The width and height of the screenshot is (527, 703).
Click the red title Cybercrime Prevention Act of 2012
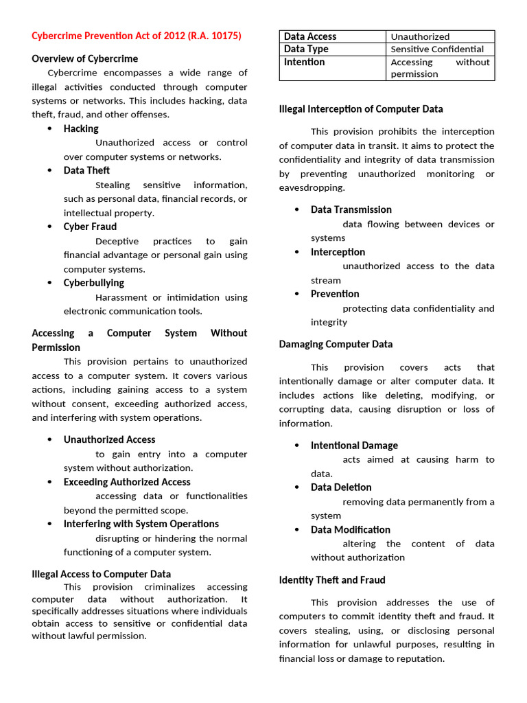[x=137, y=36]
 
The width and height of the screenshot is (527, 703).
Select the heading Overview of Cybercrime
[x=84, y=58]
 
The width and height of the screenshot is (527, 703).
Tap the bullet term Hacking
[x=81, y=128]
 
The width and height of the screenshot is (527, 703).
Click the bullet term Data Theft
[x=86, y=170]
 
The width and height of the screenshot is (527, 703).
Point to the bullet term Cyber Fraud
[x=90, y=227]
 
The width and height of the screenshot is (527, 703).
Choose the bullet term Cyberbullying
[x=94, y=283]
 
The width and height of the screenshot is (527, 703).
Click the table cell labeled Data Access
[x=310, y=36]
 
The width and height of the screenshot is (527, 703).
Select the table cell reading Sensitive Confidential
[x=437, y=49]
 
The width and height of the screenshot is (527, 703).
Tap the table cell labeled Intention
[x=305, y=62]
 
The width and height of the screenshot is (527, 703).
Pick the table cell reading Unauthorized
[x=420, y=36]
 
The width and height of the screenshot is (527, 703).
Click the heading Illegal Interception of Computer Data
[x=361, y=109]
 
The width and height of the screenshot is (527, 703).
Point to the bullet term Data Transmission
[x=351, y=210]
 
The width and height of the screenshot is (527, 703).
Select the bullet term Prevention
[x=335, y=294]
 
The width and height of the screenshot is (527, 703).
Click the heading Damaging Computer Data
[x=336, y=344]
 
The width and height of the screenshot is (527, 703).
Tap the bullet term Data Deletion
[x=341, y=487]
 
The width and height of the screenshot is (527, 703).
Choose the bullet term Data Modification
[x=351, y=530]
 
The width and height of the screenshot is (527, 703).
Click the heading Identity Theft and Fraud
[x=332, y=580]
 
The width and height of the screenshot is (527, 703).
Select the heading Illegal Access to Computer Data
[x=102, y=574]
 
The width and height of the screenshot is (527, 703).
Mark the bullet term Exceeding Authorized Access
[x=127, y=482]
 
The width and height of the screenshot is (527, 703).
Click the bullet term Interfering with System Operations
[x=141, y=524]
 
